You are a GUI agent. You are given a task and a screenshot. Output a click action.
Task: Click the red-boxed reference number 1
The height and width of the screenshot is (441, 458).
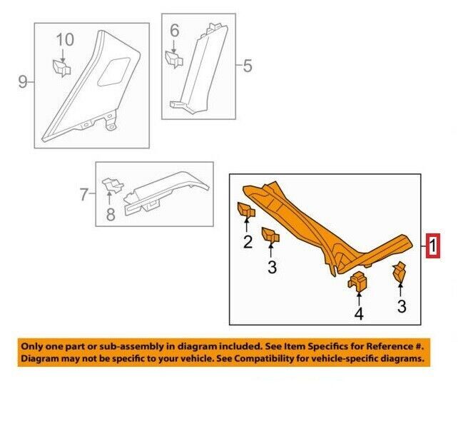432,246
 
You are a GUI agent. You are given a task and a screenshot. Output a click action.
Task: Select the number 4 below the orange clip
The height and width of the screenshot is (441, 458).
359,314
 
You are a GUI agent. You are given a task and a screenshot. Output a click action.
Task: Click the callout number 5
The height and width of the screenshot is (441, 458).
248,66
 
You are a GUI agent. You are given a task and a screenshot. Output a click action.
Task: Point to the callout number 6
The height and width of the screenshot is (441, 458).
174,31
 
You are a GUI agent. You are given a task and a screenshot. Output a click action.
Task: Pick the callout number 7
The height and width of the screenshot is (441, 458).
83,194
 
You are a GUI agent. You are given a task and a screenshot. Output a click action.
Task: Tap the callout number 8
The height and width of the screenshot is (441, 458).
111,214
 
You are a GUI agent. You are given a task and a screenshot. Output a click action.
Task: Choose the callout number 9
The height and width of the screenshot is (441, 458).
23,82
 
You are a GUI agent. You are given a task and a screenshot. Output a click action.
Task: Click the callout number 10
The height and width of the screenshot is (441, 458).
65,40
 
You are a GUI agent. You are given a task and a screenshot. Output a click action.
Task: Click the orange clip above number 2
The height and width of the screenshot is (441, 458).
246,211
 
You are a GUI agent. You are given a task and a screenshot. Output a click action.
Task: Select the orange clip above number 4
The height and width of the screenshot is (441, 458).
357,281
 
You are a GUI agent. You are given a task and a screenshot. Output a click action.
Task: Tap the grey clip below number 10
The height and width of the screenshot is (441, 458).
61,68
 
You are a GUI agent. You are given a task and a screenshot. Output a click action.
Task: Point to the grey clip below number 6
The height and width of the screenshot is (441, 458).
174,59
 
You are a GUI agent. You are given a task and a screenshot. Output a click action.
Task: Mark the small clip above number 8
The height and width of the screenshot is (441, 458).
112,186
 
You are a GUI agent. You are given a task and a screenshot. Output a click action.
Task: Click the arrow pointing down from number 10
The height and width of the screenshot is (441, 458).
63,55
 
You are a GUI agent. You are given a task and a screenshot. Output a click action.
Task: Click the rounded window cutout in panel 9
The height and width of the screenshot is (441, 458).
114,71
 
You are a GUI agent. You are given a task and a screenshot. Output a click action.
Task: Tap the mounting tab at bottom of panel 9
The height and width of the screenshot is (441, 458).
111,122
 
